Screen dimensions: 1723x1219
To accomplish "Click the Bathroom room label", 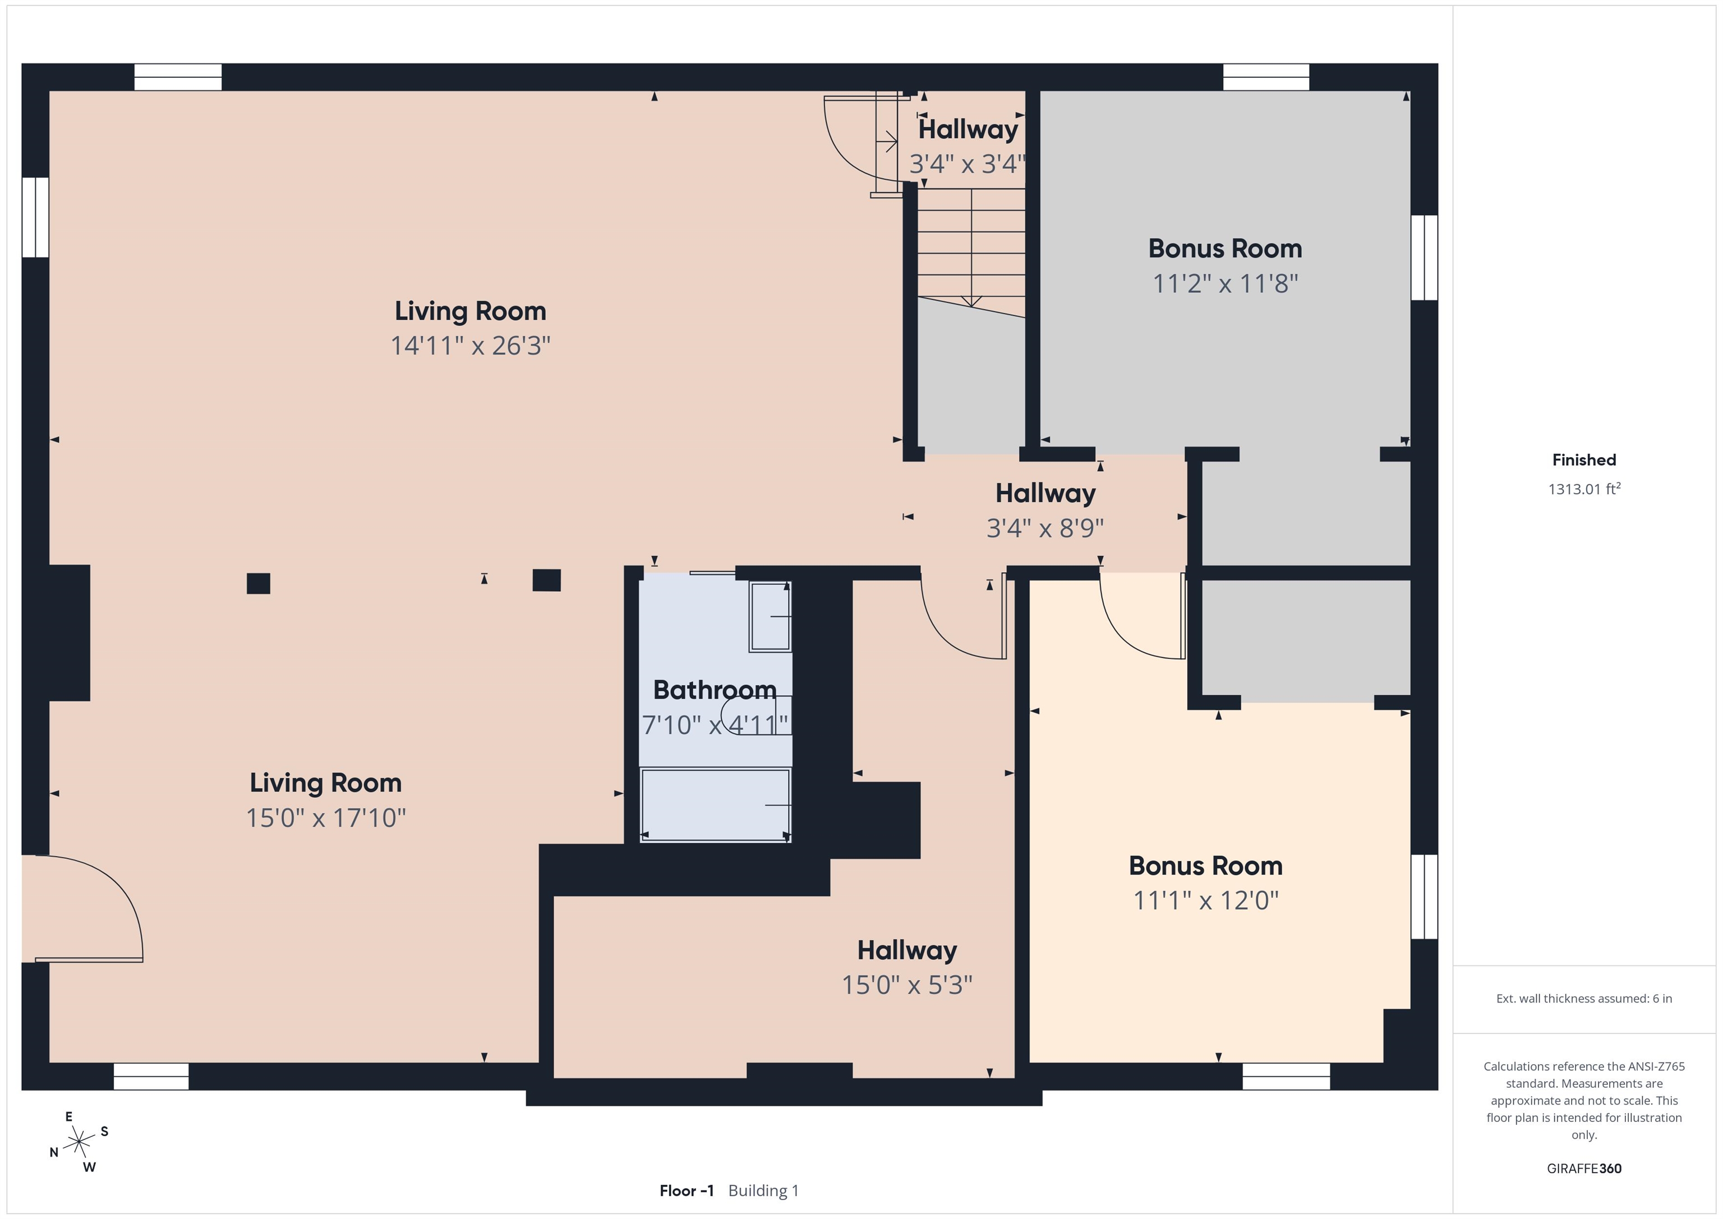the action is tap(715, 689).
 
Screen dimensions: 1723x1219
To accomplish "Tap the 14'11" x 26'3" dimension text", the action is tap(471, 346).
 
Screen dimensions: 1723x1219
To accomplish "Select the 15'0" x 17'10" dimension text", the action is tap(326, 817).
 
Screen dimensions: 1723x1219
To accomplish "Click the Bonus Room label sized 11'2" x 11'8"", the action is tap(1225, 249).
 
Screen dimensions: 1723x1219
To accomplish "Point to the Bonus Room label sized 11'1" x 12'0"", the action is tap(1205, 866).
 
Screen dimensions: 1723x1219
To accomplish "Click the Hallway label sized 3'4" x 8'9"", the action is tap(1045, 493).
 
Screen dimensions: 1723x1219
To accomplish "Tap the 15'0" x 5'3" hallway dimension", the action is tap(906, 984).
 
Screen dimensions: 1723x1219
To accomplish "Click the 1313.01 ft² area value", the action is tap(1584, 489).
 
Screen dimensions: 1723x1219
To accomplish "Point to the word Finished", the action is tap(1584, 460).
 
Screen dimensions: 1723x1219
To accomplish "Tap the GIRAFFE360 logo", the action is tap(1584, 1168).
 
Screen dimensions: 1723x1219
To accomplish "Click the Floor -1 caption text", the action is tap(687, 1190).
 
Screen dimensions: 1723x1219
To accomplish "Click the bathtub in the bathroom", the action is tap(715, 804).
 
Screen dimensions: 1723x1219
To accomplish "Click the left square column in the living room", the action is tap(258, 583).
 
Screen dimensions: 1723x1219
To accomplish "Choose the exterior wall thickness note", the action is tap(1584, 999).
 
